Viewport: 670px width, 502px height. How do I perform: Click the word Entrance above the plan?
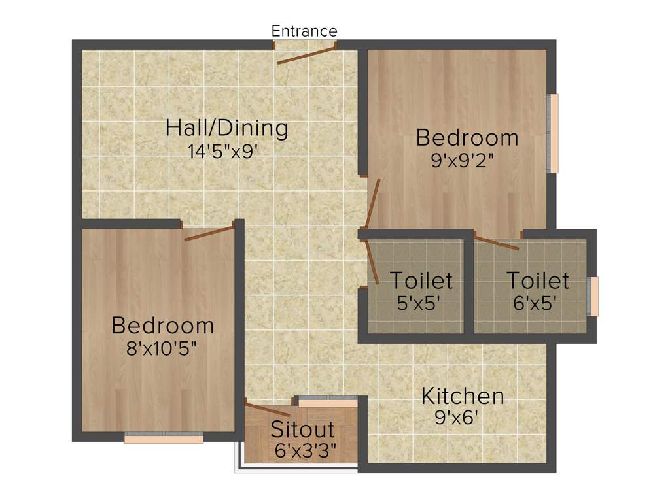tap(304, 31)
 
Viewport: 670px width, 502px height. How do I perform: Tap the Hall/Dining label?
tap(226, 127)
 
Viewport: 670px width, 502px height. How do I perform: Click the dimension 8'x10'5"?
tap(162, 347)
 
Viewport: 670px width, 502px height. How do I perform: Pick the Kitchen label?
tap(462, 395)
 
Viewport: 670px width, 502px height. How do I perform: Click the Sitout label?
tap(302, 429)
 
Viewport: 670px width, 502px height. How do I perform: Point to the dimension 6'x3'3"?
tap(306, 451)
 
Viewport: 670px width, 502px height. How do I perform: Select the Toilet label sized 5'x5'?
tap(421, 280)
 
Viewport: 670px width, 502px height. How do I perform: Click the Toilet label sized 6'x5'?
tap(538, 280)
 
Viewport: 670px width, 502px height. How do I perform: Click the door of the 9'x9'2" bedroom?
tap(373, 203)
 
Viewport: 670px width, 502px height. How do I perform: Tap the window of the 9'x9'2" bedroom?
tap(554, 133)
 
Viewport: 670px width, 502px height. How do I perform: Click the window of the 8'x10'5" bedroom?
tap(164, 439)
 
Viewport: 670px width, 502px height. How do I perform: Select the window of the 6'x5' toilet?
tap(594, 296)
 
